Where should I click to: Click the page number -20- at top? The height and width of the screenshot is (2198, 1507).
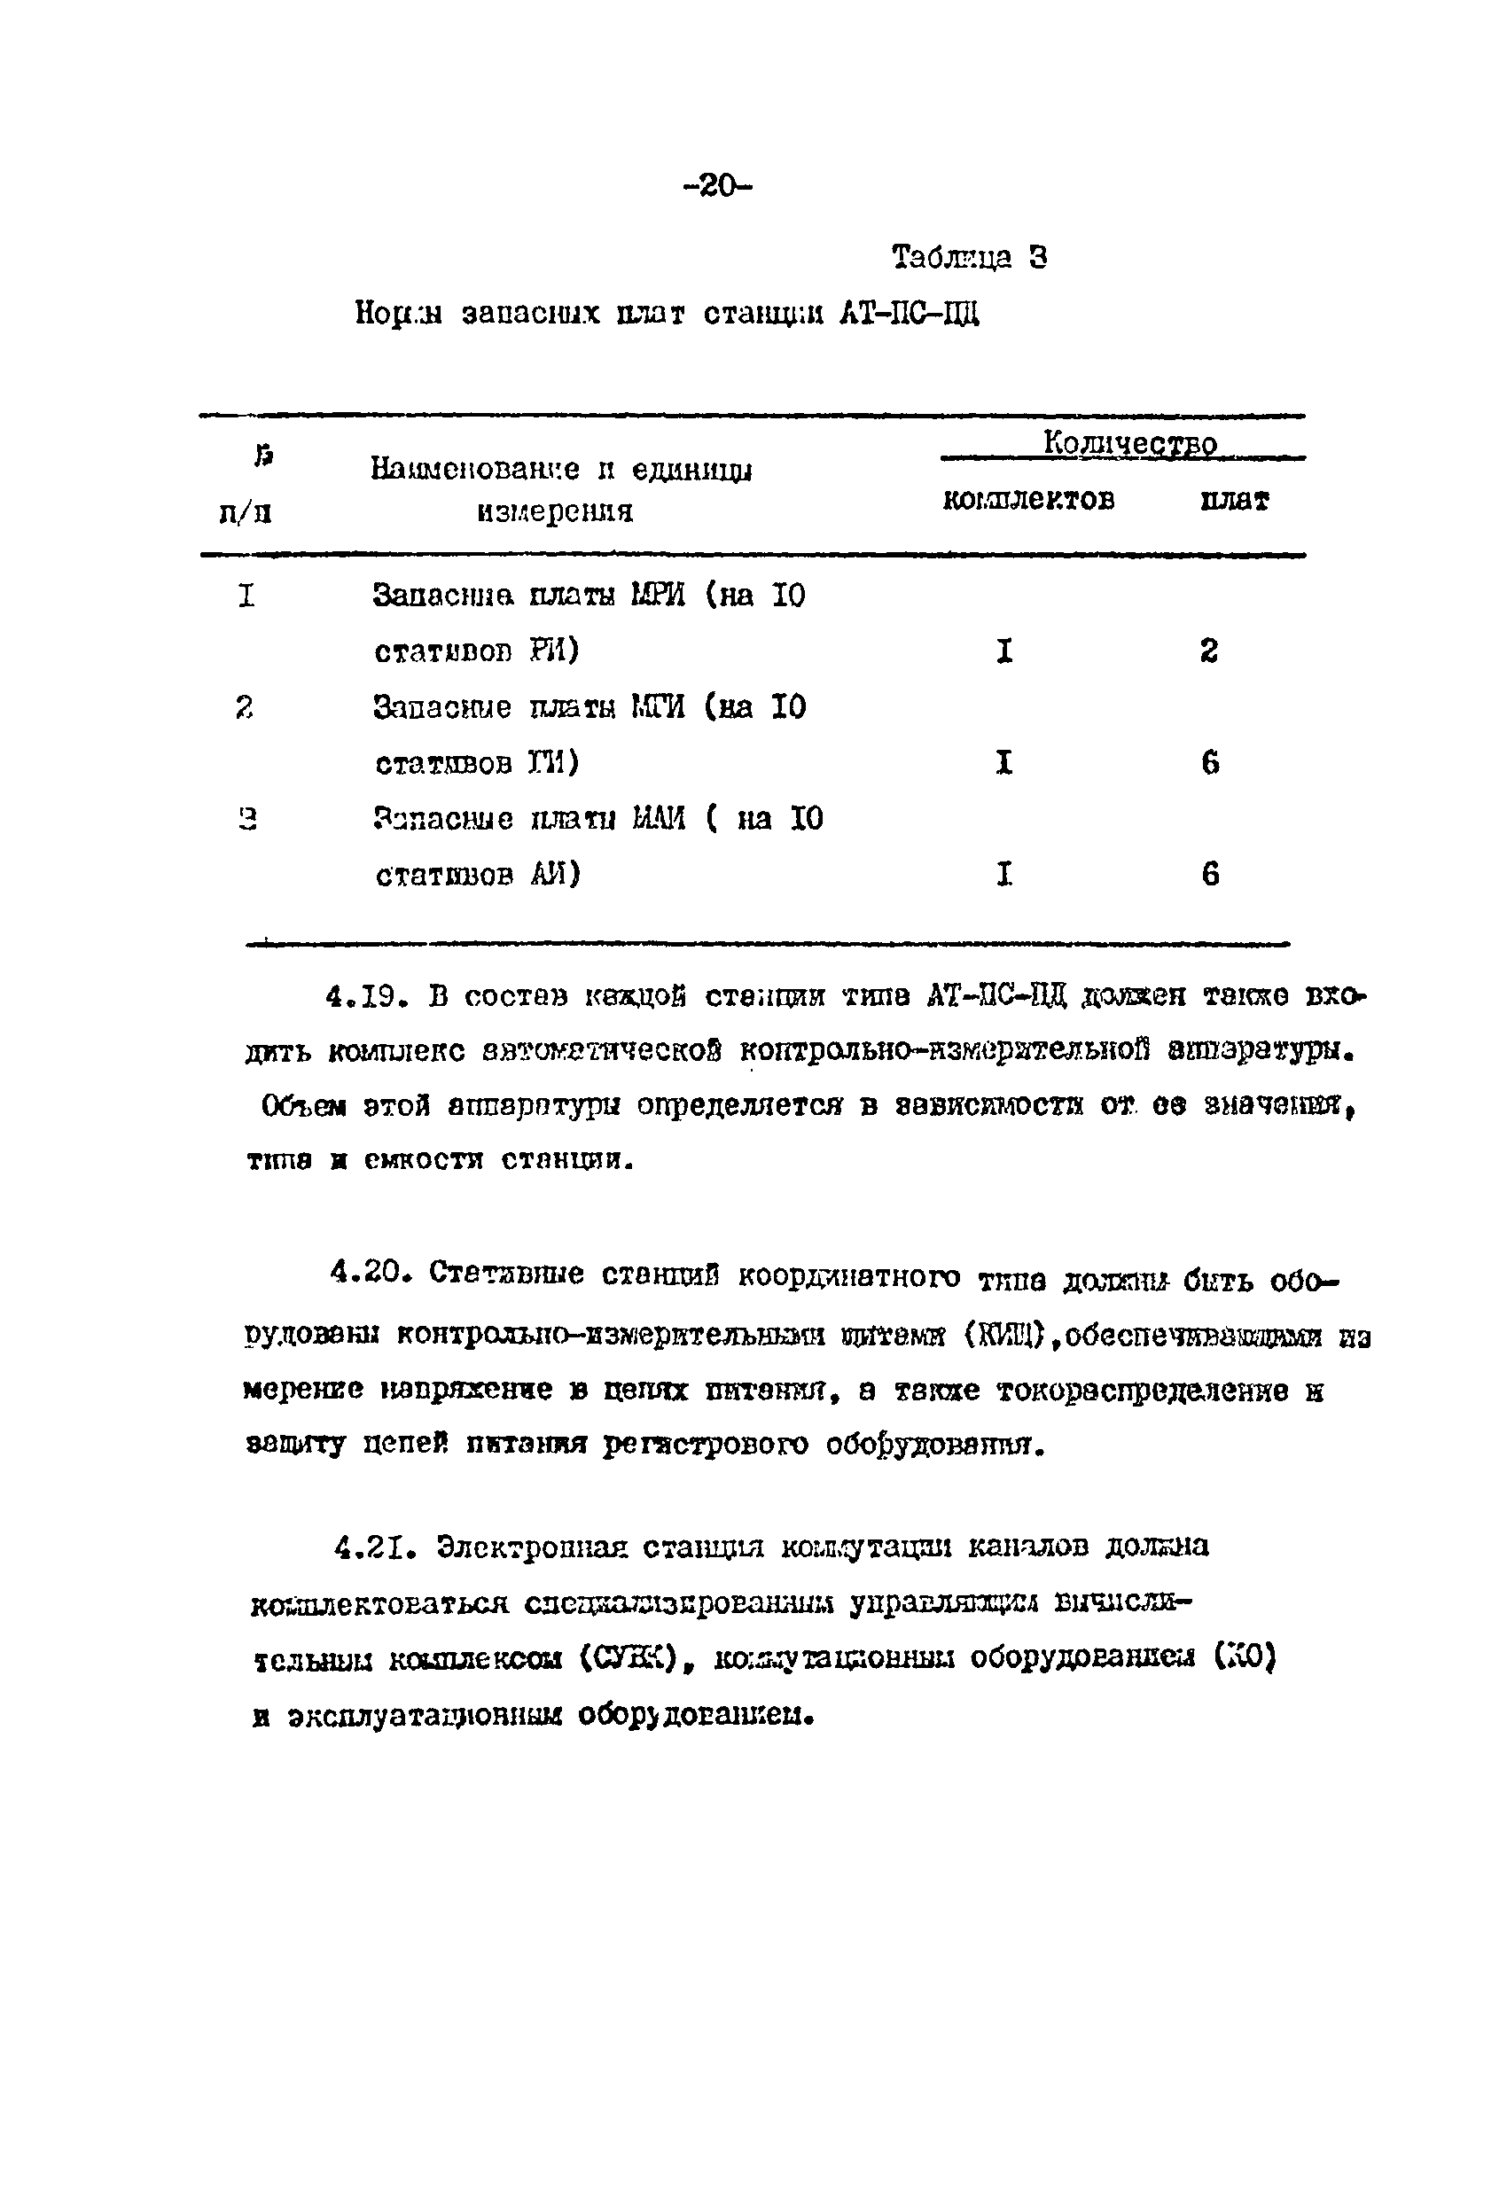tap(716, 185)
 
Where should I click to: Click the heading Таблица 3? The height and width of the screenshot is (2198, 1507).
tap(970, 257)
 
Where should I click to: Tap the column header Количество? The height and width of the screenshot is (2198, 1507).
tap(1129, 442)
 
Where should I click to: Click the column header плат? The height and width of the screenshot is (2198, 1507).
tap(1235, 501)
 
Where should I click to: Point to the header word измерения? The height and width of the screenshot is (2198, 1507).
tap(554, 511)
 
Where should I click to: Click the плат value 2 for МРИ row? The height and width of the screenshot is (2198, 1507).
tap(1209, 651)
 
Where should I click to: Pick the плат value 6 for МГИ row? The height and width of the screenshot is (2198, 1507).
tap(1210, 762)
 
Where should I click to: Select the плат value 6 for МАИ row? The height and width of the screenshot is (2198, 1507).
tap(1210, 873)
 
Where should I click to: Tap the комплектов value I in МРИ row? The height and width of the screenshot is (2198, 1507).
tap(1004, 651)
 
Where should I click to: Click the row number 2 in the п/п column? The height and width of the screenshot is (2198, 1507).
tap(245, 706)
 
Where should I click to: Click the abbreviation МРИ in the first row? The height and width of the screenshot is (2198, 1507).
tap(658, 596)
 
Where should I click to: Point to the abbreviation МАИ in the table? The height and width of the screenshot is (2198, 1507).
tap(659, 818)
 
